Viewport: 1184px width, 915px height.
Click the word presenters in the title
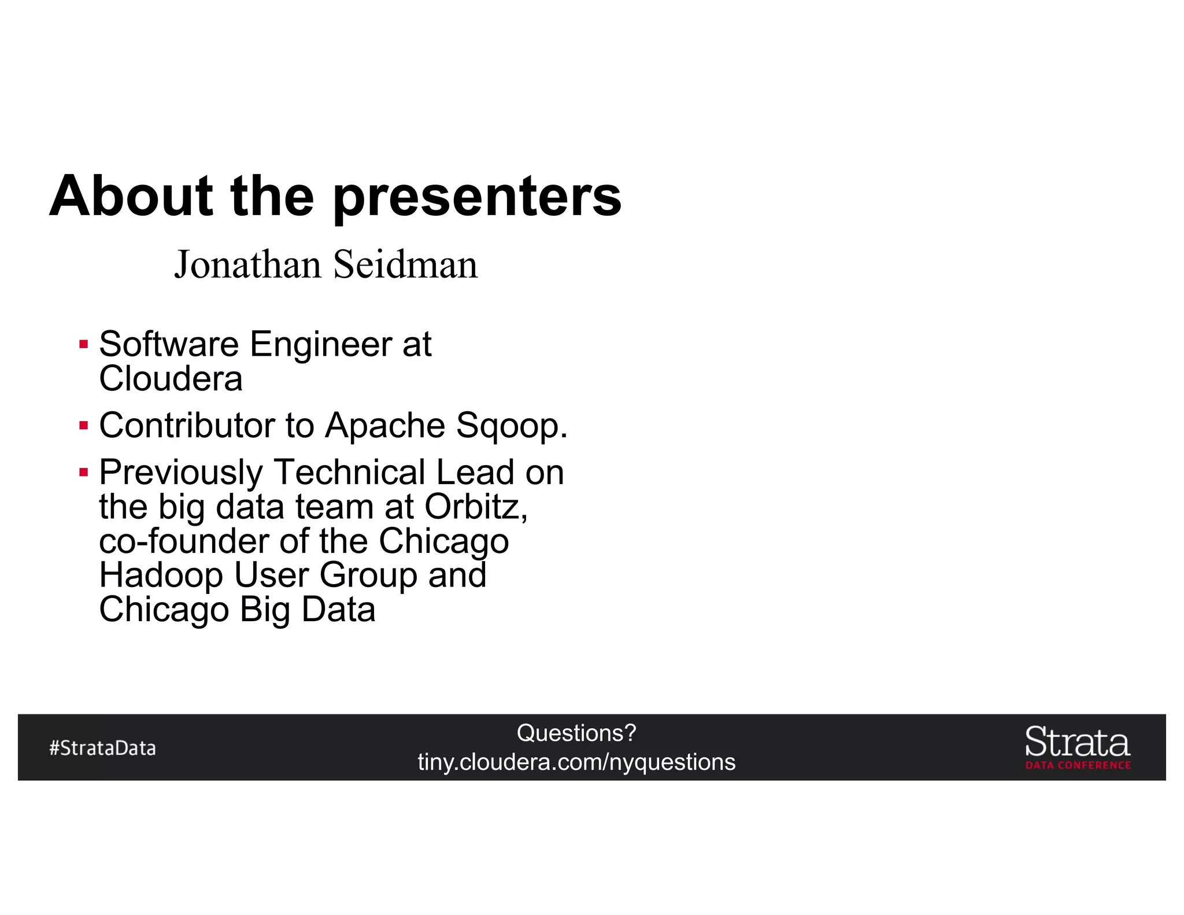[x=477, y=198]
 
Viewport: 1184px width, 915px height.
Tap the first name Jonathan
[x=247, y=265]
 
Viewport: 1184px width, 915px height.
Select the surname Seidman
[x=406, y=265]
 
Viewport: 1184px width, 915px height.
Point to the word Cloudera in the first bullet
[x=171, y=379]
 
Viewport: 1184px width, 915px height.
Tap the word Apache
[x=385, y=426]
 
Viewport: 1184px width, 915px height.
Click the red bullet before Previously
[x=84, y=473]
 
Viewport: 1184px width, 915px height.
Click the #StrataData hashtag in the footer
[x=102, y=748]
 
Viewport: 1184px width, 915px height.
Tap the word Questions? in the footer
[x=576, y=733]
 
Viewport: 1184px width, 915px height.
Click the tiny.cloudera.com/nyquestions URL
[x=576, y=762]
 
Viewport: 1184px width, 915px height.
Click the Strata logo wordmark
[x=1077, y=742]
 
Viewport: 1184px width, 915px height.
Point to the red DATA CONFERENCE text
[x=1078, y=765]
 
